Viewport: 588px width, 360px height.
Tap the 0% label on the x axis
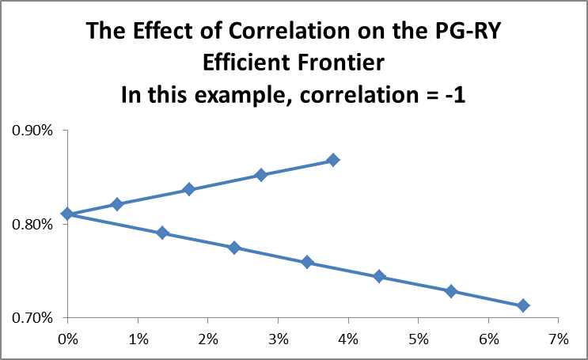coord(68,339)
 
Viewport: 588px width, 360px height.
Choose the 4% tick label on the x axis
coord(348,339)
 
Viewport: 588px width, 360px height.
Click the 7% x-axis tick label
coord(558,339)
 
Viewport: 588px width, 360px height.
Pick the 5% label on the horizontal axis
coord(418,339)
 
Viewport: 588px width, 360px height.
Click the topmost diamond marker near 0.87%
coord(333,160)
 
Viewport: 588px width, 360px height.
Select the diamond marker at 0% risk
coord(68,214)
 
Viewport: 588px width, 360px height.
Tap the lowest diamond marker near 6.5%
coord(523,305)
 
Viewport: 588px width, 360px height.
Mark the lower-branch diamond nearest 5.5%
coord(451,291)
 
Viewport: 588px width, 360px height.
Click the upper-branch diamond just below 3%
coord(261,175)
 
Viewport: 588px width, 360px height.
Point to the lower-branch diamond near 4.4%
coord(379,276)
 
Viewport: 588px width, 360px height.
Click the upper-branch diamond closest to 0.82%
coord(117,204)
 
